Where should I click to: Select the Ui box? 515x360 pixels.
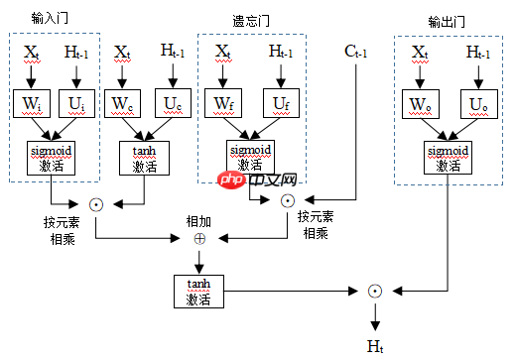pos(75,103)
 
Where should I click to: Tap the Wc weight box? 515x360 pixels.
pos(122,103)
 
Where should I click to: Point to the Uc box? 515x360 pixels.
pos(173,103)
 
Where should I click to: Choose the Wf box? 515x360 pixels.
pos(223,103)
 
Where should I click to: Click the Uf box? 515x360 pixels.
pos(281,103)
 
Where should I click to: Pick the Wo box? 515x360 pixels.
pos(420,103)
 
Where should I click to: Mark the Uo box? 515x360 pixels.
pos(478,103)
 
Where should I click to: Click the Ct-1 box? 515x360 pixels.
pos(356,51)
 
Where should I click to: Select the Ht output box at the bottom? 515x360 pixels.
pos(375,345)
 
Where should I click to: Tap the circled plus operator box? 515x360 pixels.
pos(198,238)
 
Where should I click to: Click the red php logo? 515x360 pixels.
pos(231,179)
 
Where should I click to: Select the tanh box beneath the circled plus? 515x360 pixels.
pos(198,292)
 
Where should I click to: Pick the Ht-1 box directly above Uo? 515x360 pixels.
pos(478,51)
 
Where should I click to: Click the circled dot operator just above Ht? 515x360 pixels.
pos(375,291)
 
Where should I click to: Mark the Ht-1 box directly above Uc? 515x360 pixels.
pos(173,49)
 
